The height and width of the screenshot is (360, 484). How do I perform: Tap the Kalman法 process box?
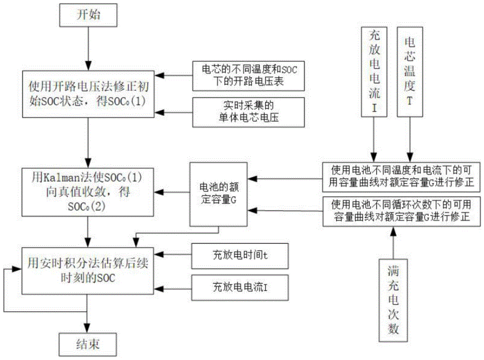88,192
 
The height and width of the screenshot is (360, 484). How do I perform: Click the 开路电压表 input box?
248,75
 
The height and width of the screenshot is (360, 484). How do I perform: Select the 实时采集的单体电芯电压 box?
248,112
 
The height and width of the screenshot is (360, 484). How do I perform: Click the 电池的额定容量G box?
217,194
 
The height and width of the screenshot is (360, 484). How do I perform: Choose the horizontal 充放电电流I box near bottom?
240,287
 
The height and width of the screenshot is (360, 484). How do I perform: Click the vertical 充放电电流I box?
373,72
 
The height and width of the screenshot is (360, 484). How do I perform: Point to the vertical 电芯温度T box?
410,72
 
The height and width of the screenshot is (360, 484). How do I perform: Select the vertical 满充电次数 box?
393,299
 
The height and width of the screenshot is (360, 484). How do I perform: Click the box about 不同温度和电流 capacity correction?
403,178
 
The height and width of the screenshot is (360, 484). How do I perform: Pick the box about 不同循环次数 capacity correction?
403,210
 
